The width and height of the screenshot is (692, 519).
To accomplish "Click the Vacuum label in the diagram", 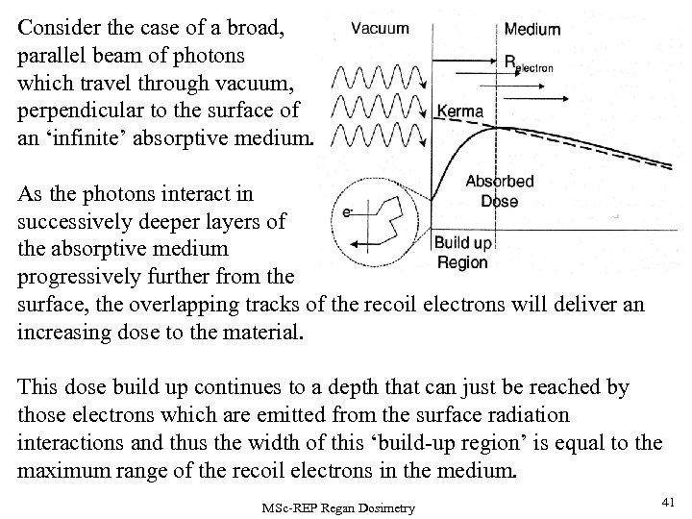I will click(381, 29).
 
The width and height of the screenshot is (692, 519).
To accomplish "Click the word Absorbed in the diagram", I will click(499, 182).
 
